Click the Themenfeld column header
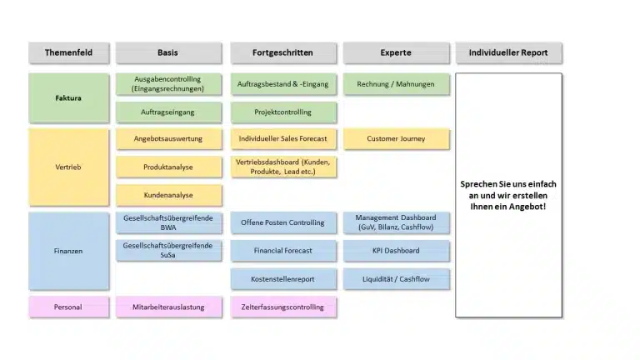click(68, 52)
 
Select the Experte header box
click(396, 52)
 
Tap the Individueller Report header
click(508, 52)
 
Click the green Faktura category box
click(68, 98)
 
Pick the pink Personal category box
click(68, 307)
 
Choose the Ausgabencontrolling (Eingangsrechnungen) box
click(168, 84)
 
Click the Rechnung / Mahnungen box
click(396, 84)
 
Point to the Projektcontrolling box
click(283, 112)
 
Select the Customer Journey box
click(396, 139)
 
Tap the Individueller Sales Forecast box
click(283, 139)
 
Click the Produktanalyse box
click(168, 167)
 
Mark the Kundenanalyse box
click(168, 195)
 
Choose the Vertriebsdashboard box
click(283, 167)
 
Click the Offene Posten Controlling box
click(283, 222)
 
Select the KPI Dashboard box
click(396, 251)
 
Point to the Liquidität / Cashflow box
click(396, 279)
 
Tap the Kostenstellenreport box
click(283, 279)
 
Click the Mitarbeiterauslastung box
click(168, 307)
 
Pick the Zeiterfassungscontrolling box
click(283, 307)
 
